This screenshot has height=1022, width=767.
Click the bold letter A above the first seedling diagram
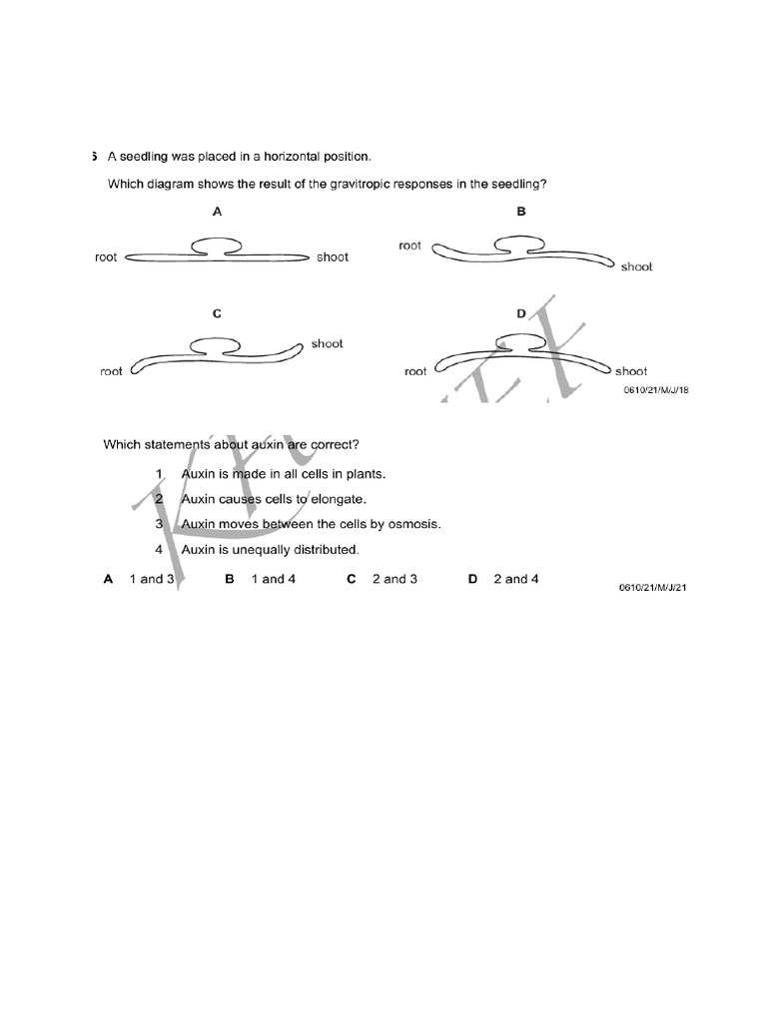(217, 212)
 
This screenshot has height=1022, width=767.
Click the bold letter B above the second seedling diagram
(521, 212)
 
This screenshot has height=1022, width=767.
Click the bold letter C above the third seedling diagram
(217, 313)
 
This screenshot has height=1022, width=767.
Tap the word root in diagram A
(106, 257)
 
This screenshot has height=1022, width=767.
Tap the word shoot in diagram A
(333, 257)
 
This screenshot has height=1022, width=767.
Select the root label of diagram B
(409, 246)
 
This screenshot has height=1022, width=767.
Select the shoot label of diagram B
(636, 266)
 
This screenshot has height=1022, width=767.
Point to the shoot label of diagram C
(327, 343)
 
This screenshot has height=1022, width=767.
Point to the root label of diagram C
(112, 372)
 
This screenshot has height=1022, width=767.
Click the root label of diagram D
(415, 371)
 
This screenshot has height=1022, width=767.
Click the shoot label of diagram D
(631, 371)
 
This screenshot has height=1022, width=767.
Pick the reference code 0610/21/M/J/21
(654, 589)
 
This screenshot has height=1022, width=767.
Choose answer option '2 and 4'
(515, 579)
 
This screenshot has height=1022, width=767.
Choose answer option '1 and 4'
(273, 579)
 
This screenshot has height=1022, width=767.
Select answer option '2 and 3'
(394, 579)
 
